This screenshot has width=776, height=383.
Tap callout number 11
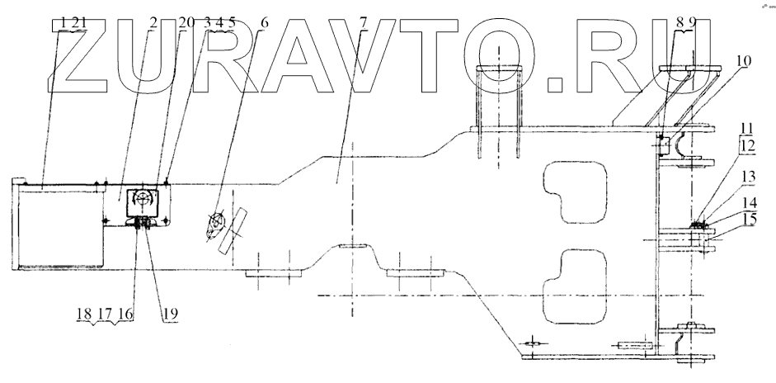click(x=746, y=130)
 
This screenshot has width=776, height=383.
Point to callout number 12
click(x=746, y=145)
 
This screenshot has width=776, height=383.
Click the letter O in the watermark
click(x=501, y=58)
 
